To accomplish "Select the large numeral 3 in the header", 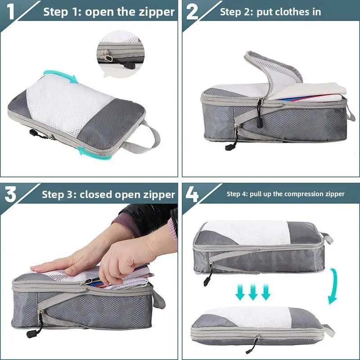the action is (x=10, y=194).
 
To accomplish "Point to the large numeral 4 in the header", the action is (x=192, y=194).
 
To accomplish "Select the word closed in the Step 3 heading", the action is (x=96, y=194).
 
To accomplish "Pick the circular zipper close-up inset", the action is (x=121, y=54).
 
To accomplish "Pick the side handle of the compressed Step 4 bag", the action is (x=329, y=331).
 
